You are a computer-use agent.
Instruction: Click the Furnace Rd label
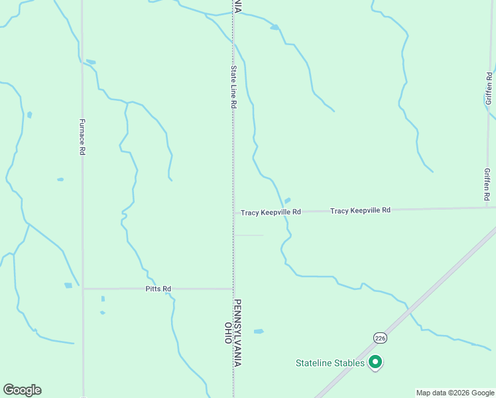click(x=82, y=137)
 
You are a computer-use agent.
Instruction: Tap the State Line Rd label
click(x=233, y=87)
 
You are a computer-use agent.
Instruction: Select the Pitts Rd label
click(x=158, y=289)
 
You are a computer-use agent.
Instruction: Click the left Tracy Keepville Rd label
click(x=271, y=212)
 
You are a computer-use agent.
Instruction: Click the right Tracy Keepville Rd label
click(x=360, y=210)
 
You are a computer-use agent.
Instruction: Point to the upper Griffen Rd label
click(x=489, y=88)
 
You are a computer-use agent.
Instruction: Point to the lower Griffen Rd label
click(x=487, y=184)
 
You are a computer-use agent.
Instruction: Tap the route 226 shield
click(x=379, y=338)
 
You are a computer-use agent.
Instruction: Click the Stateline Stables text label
click(x=330, y=363)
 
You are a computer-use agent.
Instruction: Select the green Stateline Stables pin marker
click(x=375, y=362)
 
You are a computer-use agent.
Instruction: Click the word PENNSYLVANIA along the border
click(x=237, y=332)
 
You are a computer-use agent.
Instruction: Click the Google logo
click(x=22, y=390)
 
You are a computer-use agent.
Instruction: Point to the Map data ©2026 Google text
click(x=454, y=393)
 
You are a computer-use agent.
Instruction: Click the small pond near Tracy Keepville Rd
click(x=287, y=200)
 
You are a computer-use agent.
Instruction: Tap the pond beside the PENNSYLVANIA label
click(x=259, y=331)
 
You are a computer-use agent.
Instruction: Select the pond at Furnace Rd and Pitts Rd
click(x=68, y=285)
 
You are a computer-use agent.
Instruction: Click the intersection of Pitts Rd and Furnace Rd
click(x=83, y=289)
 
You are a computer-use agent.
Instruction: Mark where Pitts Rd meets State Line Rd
click(x=233, y=289)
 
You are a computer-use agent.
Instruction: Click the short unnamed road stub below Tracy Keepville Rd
click(x=249, y=235)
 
